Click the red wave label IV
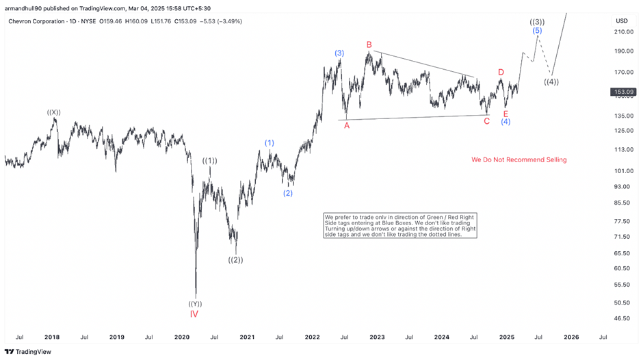(194, 314)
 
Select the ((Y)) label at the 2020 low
(195, 304)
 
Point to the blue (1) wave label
(270, 143)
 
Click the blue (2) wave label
(288, 193)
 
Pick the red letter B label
(369, 45)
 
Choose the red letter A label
(347, 125)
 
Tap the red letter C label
(486, 121)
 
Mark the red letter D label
(501, 73)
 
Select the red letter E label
(506, 114)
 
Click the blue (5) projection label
(537, 31)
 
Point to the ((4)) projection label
(551, 82)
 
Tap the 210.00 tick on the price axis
(622, 31)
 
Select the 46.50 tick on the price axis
(622, 318)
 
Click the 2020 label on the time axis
(182, 337)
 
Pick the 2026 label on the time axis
(571, 337)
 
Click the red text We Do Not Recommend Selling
(519, 159)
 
